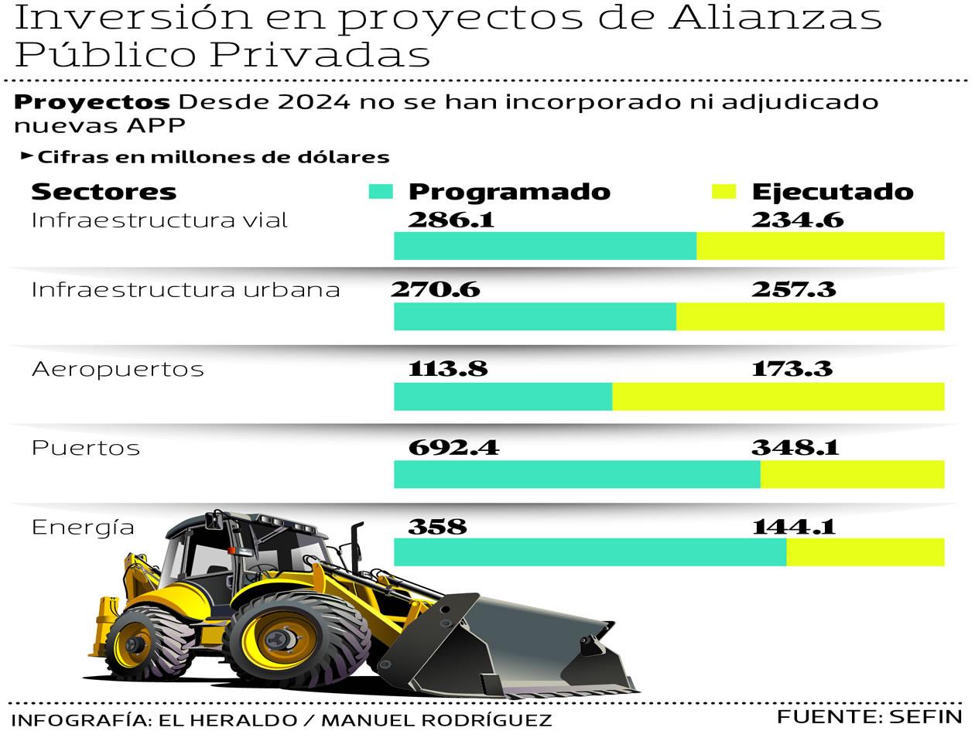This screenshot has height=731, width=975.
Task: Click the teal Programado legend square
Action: (x=381, y=192)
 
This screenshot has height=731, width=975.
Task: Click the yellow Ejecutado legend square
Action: (x=724, y=192)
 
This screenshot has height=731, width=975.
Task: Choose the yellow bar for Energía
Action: (x=865, y=552)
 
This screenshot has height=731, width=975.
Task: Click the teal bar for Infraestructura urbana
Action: (x=535, y=316)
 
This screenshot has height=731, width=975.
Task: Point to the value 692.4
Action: (x=453, y=447)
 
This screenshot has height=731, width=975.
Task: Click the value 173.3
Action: (x=792, y=368)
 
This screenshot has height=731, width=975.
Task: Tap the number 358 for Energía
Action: (x=437, y=527)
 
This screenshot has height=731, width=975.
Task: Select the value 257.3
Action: (x=793, y=289)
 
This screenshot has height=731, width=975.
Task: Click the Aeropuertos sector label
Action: (x=118, y=369)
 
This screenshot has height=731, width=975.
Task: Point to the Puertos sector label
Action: (x=86, y=448)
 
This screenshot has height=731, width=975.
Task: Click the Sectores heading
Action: (x=104, y=191)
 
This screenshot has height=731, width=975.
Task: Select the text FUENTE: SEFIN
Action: (x=869, y=716)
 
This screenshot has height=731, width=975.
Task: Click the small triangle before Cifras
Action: (x=26, y=156)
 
